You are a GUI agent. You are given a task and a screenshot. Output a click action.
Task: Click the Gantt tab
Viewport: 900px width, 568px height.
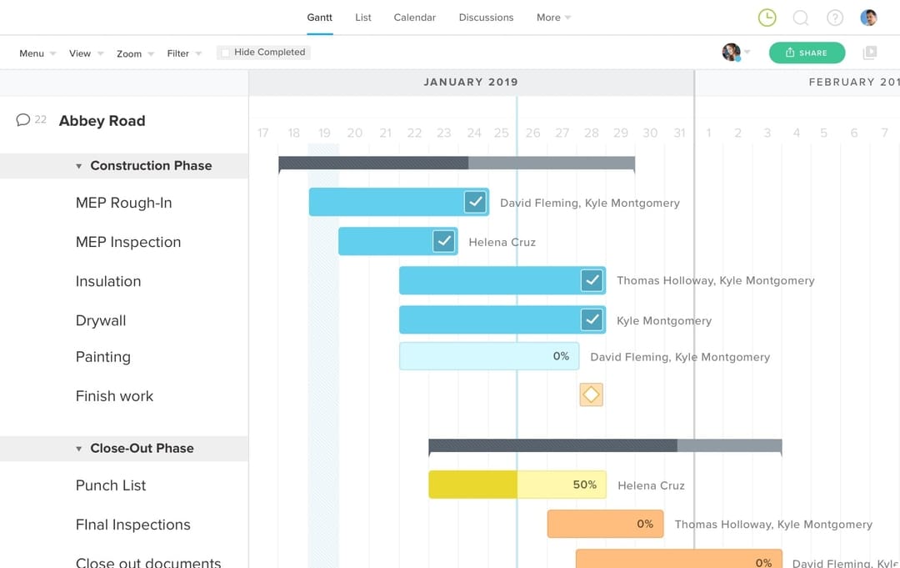[319, 18]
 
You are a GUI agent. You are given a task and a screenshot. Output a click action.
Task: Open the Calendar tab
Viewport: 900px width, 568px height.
[414, 18]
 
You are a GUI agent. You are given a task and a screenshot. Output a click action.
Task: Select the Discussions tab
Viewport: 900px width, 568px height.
[486, 18]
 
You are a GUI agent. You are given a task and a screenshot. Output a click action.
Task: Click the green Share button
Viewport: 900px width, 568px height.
[806, 53]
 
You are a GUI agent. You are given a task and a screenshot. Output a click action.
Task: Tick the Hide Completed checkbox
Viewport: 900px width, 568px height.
[225, 53]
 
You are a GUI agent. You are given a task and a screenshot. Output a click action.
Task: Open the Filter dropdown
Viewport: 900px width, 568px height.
[183, 53]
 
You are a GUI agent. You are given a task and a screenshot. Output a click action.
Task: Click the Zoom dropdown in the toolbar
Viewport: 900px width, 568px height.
[135, 53]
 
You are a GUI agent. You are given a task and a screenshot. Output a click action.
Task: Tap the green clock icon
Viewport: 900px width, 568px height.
[767, 18]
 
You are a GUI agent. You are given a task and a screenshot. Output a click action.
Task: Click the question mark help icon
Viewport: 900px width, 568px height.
[834, 18]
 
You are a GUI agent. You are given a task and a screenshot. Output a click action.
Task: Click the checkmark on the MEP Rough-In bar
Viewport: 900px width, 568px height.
[475, 202]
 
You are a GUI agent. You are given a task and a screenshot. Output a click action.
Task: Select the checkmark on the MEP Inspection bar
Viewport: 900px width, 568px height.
[443, 242]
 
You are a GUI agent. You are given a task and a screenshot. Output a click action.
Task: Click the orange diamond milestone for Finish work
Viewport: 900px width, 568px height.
[591, 395]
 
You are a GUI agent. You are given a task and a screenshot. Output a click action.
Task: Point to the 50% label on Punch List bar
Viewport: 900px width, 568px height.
[585, 485]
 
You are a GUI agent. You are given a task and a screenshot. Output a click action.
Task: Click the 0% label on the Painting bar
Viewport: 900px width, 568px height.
[561, 356]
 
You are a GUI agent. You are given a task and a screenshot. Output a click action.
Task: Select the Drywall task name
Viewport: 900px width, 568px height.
[101, 320]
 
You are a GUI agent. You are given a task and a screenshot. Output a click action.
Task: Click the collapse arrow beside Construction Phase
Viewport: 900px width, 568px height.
[79, 166]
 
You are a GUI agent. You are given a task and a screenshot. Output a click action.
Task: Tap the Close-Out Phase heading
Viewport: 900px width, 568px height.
[142, 448]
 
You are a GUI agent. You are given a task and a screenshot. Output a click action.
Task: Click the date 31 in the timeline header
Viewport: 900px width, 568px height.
[679, 133]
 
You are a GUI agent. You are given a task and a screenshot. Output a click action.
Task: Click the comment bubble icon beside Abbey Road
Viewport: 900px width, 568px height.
[23, 120]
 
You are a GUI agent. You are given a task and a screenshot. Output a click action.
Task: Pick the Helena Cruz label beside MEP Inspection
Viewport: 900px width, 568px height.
[502, 242]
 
